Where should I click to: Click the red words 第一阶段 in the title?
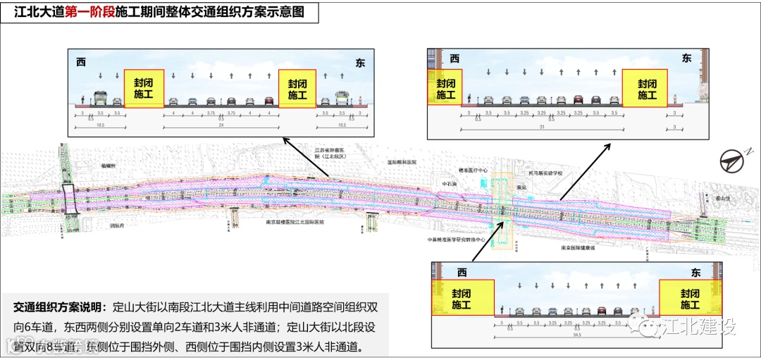(89, 13)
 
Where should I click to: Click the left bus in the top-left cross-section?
(100, 99)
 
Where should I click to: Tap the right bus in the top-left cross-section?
(343, 99)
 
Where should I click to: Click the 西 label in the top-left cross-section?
(81, 63)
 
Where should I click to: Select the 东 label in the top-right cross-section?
(686, 58)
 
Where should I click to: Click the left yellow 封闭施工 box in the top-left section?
(144, 87)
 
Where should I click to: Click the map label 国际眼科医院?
(402, 161)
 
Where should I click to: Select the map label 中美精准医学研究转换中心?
(457, 239)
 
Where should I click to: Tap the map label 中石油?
(450, 185)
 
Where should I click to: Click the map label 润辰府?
(117, 226)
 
